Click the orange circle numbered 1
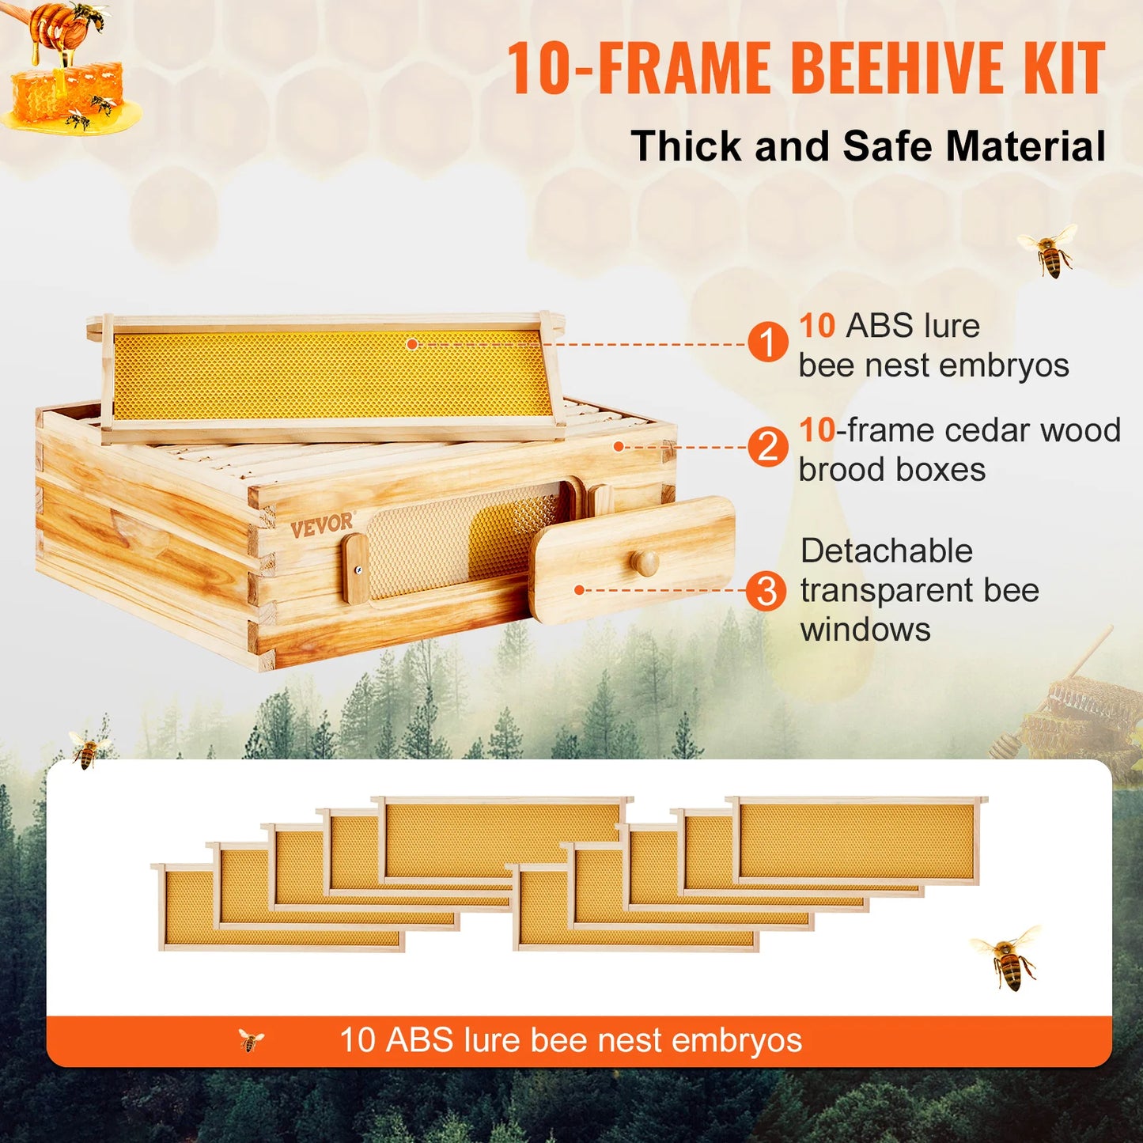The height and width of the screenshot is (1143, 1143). (x=767, y=343)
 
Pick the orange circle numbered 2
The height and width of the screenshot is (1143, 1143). (x=767, y=447)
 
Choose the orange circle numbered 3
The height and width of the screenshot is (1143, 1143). (x=766, y=591)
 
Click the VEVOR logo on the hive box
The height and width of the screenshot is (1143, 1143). (x=321, y=525)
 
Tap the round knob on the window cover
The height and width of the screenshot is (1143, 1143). (x=644, y=562)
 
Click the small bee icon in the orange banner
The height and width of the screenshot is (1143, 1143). (x=251, y=1040)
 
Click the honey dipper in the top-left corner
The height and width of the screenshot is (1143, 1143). (x=55, y=28)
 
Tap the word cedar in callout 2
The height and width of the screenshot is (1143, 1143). (x=988, y=430)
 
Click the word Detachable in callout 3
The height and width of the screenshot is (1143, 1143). (x=886, y=551)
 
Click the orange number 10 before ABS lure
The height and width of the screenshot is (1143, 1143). (x=816, y=326)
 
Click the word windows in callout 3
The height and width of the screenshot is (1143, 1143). (x=865, y=630)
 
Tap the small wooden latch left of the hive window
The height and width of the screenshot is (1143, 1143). (x=355, y=569)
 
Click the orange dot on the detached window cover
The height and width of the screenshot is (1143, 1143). (x=579, y=590)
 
